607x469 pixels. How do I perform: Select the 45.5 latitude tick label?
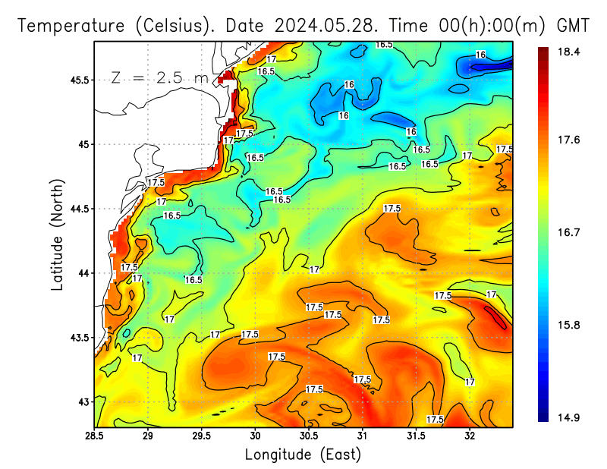coord(77,80)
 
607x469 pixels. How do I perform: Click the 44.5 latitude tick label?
coord(77,209)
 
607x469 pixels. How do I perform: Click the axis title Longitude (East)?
coord(303,454)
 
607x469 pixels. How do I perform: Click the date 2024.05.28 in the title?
coord(327,25)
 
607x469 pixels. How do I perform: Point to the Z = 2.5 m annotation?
coord(159,78)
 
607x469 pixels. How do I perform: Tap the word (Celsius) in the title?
coord(174,25)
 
